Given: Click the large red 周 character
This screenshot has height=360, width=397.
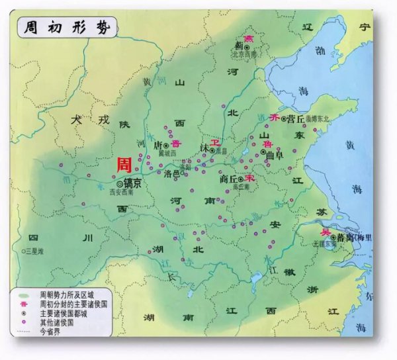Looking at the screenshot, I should tap(124, 165).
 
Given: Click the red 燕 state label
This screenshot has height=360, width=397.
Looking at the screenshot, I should tap(249, 39).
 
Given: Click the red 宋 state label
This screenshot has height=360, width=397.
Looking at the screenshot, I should tap(249, 179).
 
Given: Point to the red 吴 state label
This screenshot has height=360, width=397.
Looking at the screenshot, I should tap(325, 233).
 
